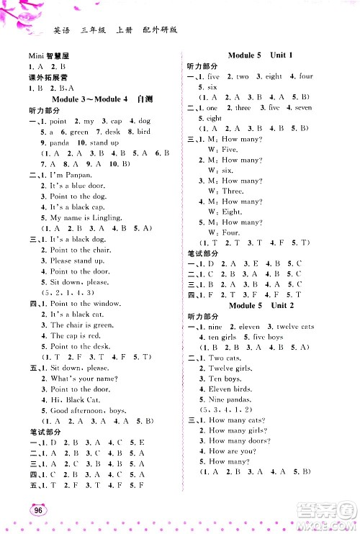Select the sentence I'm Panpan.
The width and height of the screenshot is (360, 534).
tap(71, 175)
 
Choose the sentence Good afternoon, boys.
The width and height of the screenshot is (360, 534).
tap(87, 409)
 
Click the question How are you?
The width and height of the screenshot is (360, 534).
tap(232, 451)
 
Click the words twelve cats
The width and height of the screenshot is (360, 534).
tap(296, 327)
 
